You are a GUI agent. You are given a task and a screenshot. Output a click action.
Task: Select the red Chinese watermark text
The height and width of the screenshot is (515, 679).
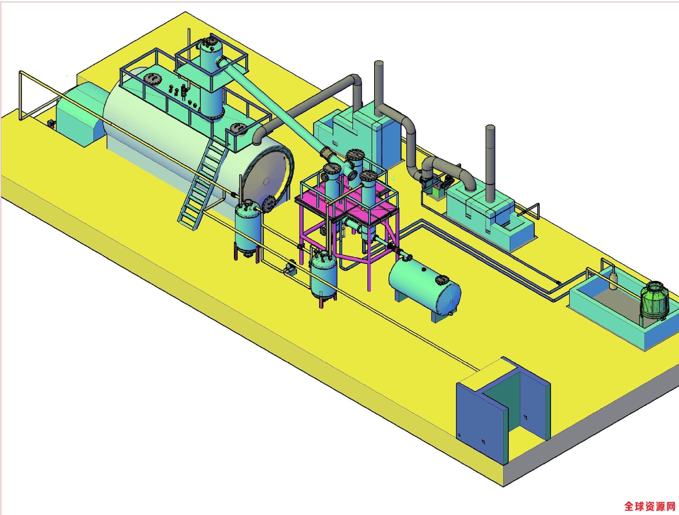click(650, 506)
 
